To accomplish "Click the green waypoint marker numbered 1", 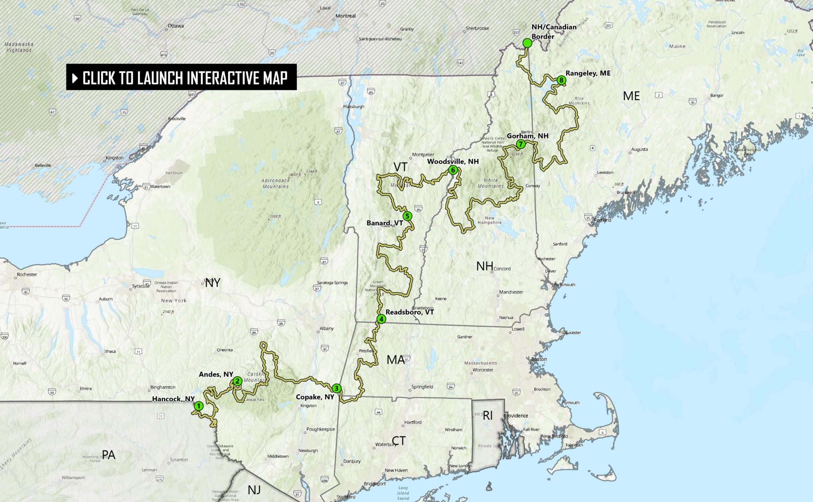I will (x=199, y=406).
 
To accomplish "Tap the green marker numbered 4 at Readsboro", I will (x=381, y=319).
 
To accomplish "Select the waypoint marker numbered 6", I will (x=453, y=170).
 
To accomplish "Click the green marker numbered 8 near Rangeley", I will (x=561, y=80).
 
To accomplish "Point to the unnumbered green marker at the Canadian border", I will (x=527, y=43).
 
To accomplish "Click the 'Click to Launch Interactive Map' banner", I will (x=181, y=77).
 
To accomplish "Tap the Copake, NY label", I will (x=315, y=397).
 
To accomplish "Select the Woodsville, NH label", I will (x=453, y=161).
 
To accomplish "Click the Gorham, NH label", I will (x=528, y=136).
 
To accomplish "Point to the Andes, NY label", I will (x=216, y=374).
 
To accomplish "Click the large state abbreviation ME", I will (x=631, y=96).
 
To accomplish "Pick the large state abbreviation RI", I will (x=487, y=415).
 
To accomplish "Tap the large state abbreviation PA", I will (x=108, y=455).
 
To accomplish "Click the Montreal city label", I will (x=345, y=16).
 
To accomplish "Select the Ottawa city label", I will (x=175, y=26).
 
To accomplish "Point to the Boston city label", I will (x=539, y=359).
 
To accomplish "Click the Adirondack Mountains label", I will (x=275, y=183).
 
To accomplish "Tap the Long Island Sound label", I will (x=403, y=493).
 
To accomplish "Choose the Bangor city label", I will (x=717, y=95).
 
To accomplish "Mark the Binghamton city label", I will (x=163, y=387).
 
